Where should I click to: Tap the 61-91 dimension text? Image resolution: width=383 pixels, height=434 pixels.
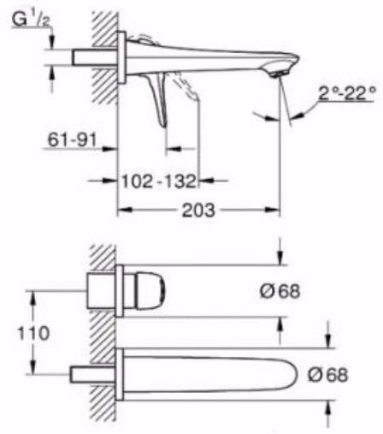(x=73, y=140)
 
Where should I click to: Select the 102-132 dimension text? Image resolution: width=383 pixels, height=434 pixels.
(x=159, y=181)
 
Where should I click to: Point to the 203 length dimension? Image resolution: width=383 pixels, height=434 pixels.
(x=198, y=211)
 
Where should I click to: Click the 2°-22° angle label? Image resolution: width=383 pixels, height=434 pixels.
(x=347, y=92)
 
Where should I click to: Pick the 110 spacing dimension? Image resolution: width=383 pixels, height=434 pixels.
(x=33, y=333)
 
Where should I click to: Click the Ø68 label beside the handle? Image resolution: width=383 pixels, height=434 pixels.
(x=280, y=291)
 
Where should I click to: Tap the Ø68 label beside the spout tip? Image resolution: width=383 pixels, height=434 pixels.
(x=327, y=374)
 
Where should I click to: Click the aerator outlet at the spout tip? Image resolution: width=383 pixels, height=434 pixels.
(x=277, y=74)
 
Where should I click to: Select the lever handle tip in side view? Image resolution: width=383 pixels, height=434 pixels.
(x=163, y=124)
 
